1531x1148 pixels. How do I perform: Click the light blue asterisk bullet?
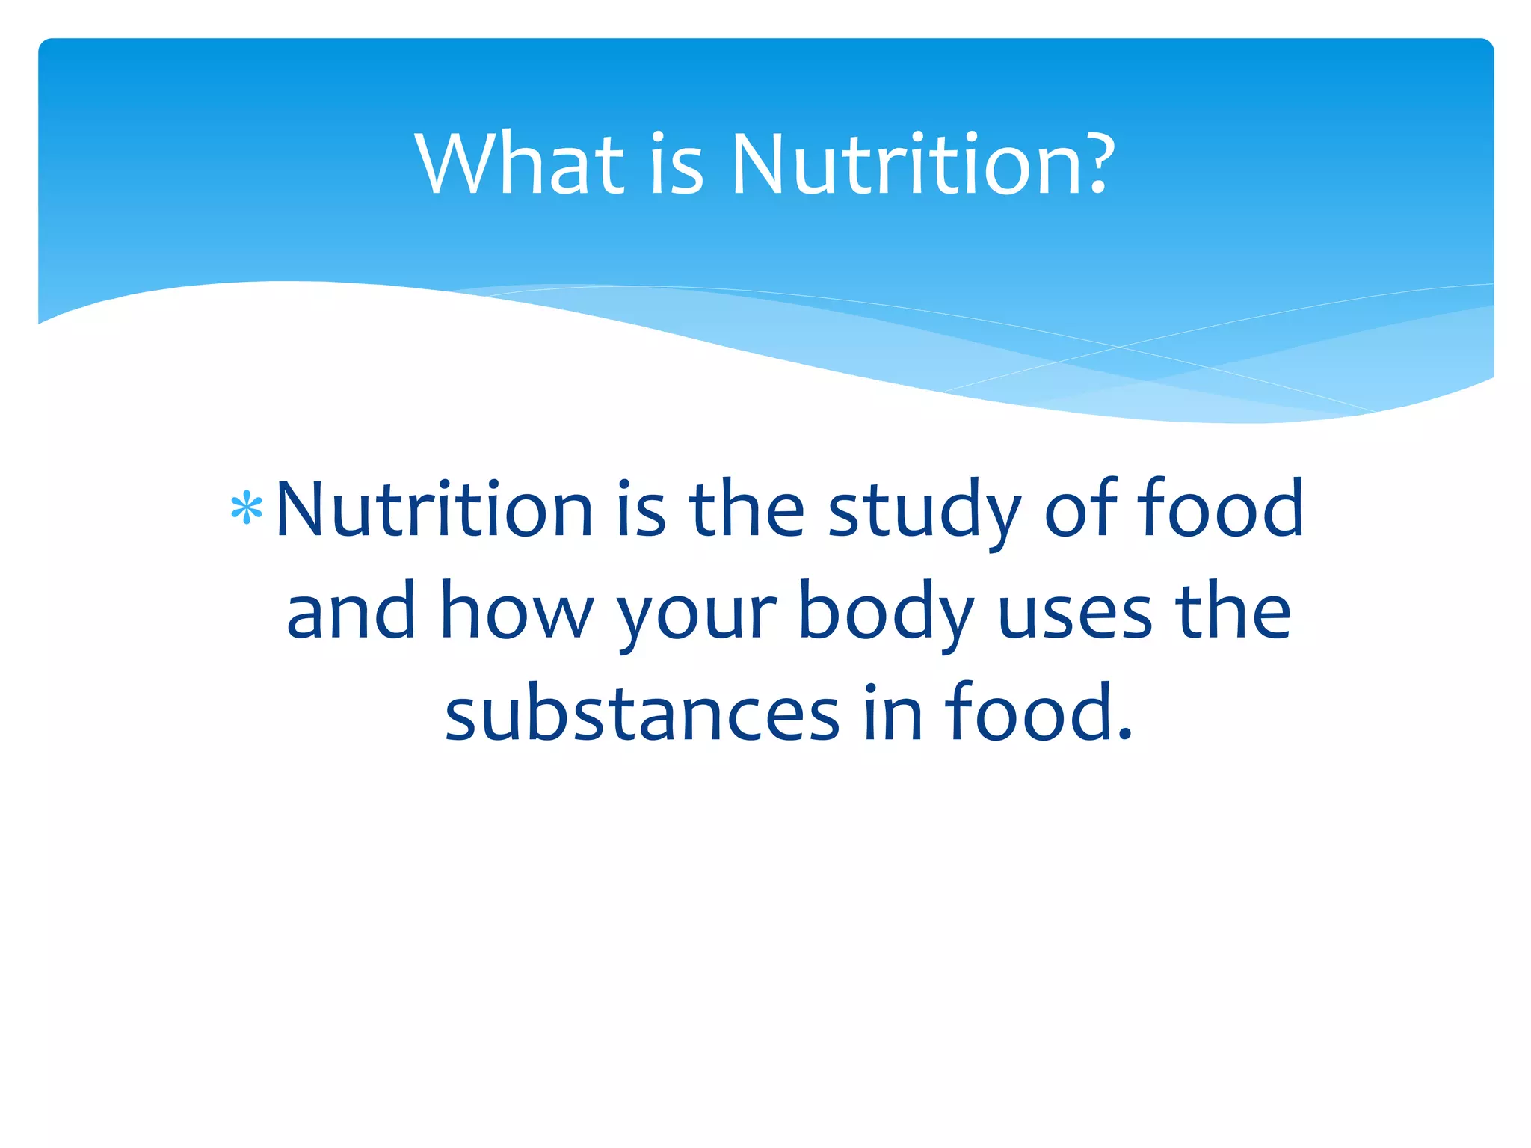[x=247, y=510]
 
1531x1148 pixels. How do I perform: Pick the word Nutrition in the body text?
[x=434, y=510]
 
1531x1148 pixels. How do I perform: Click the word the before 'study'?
[x=747, y=510]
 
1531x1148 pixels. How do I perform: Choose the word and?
[x=351, y=611]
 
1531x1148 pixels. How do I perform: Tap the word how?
[x=517, y=611]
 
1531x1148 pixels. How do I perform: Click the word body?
[x=886, y=611]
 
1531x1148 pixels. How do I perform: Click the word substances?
[x=642, y=714]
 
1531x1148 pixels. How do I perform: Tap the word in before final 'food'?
[x=893, y=714]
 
